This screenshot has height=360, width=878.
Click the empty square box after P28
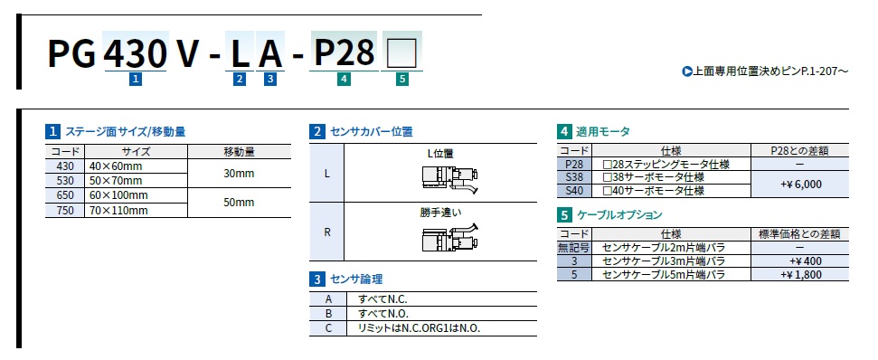pos(401,53)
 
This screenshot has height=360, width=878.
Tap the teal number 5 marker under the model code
pos(402,80)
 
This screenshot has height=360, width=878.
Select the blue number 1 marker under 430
pos(135,80)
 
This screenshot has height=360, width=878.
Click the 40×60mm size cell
pos(137,166)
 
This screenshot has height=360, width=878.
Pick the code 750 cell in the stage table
pos(65,211)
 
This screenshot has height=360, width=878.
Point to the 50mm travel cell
pos(239,203)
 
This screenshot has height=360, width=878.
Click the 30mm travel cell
pos(239,174)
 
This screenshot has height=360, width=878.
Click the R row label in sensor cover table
pos(327,232)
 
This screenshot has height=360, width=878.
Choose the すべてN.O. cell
pos(442,314)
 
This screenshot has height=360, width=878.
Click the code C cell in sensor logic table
pos(328,328)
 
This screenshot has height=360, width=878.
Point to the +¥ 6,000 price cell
pos(800,185)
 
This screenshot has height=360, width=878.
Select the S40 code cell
pos(574,191)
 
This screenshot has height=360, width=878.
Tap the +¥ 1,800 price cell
pos(800,275)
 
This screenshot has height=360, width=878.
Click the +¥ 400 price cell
pos(800,261)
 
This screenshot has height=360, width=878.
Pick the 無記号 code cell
pos(574,248)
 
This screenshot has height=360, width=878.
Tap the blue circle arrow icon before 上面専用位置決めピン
pos(687,71)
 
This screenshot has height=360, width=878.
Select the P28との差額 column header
pos(800,151)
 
